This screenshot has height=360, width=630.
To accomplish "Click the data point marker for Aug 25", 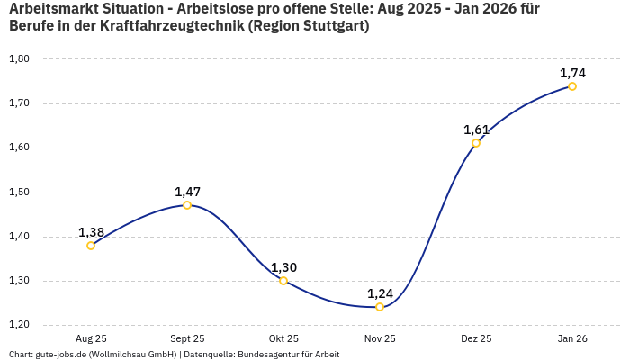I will coord(91,245).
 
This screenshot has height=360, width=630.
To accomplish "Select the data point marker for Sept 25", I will coord(187,205).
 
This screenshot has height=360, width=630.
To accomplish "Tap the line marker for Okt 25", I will coord(283,281).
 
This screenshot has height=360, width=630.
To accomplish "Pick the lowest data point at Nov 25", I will coord(380,307).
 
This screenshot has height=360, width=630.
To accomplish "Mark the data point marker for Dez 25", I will coord(476,143).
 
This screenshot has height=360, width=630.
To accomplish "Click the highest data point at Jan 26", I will coord(572,86).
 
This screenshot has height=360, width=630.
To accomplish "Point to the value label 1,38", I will coord(91,232).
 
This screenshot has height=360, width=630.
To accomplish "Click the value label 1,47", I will coord(187,192).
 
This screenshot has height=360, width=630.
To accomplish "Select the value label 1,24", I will coord(380,293).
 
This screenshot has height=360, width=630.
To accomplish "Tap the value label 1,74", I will coord(572,73).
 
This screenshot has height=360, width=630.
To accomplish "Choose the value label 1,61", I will coord(476,130).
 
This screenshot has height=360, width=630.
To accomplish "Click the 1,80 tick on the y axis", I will coord(19,59).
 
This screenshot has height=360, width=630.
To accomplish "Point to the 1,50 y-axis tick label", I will coord(19,193).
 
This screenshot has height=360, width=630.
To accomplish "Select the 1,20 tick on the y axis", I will coord(19,325).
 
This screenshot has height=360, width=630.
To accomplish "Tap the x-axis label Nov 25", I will coord(380,339).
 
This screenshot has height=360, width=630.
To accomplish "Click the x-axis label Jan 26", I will coord(572,339).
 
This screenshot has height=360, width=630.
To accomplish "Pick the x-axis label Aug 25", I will coord(91,339).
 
